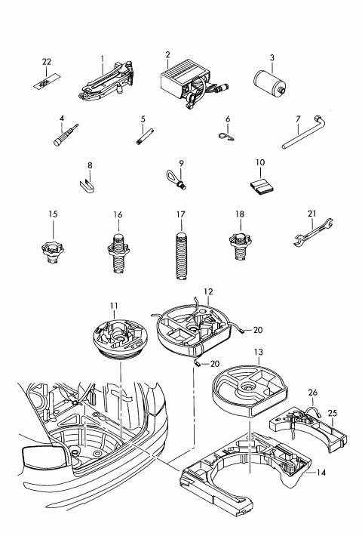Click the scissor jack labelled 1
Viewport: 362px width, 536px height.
[106, 82]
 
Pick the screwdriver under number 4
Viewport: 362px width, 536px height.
[66, 134]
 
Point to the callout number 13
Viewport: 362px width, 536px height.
[259, 352]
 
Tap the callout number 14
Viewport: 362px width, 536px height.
[321, 473]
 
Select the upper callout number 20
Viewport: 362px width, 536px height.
[258, 330]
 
